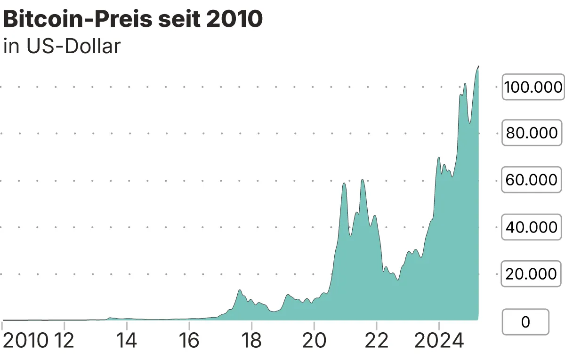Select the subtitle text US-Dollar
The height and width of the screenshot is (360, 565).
pyautogui.click(x=74, y=47)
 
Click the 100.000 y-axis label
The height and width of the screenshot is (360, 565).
pyautogui.click(x=533, y=87)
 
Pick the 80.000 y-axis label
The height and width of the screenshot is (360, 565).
pyautogui.click(x=532, y=133)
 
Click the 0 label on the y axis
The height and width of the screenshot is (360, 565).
pyautogui.click(x=526, y=322)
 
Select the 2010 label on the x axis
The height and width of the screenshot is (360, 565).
pyautogui.click(x=26, y=340)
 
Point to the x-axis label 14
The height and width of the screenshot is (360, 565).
pyautogui.click(x=126, y=340)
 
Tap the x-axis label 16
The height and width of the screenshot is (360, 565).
pyautogui.click(x=189, y=340)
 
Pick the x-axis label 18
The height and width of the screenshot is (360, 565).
pyautogui.click(x=251, y=340)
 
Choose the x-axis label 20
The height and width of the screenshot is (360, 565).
pyautogui.click(x=314, y=340)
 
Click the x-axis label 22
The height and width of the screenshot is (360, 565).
pyautogui.click(x=377, y=340)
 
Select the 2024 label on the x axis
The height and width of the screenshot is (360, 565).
pyautogui.click(x=438, y=340)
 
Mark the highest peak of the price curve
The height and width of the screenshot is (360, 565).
pyautogui.click(x=478, y=66)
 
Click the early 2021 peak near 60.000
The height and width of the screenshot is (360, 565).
pyautogui.click(x=344, y=183)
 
